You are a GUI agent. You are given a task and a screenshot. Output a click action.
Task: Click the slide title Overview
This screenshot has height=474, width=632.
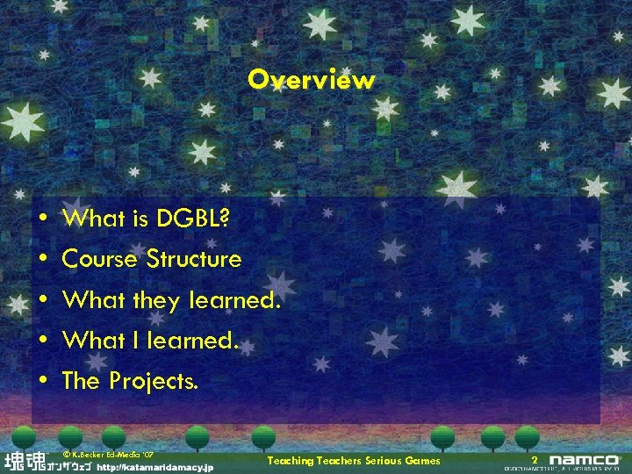311,80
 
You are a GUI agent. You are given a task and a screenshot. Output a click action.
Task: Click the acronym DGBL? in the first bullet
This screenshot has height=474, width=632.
194,219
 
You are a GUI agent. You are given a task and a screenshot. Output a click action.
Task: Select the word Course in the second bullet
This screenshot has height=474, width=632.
100,259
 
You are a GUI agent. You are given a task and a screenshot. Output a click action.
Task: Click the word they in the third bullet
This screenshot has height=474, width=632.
155,301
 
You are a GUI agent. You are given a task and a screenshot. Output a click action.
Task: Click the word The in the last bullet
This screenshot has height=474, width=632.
82,381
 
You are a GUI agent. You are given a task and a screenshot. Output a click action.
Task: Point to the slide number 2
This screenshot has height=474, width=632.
534,461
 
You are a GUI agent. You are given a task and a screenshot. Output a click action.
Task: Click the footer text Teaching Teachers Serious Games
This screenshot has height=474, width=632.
353,461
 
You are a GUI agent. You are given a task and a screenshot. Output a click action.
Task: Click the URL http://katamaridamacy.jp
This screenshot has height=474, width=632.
154,468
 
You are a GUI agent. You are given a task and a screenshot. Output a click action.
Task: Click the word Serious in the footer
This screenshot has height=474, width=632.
382,461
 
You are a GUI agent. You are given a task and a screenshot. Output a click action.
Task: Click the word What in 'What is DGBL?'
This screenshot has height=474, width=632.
89,219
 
